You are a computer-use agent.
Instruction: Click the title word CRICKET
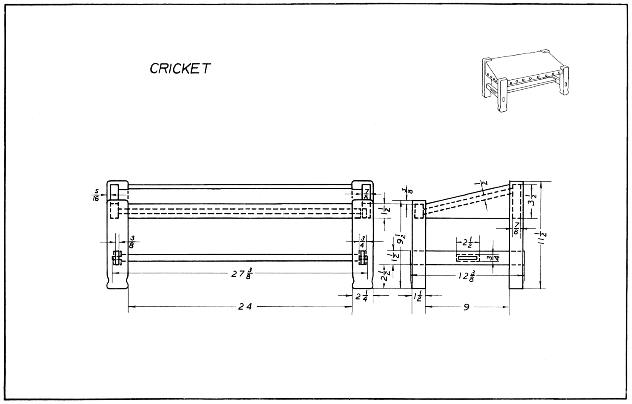(179, 68)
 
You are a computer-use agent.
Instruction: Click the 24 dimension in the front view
(245, 307)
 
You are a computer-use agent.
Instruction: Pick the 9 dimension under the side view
(466, 307)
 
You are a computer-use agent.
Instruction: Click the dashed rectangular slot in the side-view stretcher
(468, 257)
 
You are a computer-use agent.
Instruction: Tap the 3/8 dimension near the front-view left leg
(131, 242)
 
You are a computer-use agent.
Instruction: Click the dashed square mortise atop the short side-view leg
(418, 211)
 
